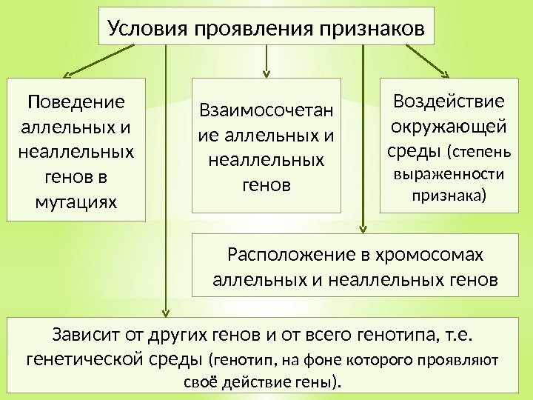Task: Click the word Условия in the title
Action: click(148, 29)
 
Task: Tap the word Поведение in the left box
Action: click(76, 100)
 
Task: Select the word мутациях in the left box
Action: click(76, 200)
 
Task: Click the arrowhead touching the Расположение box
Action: click(363, 229)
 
